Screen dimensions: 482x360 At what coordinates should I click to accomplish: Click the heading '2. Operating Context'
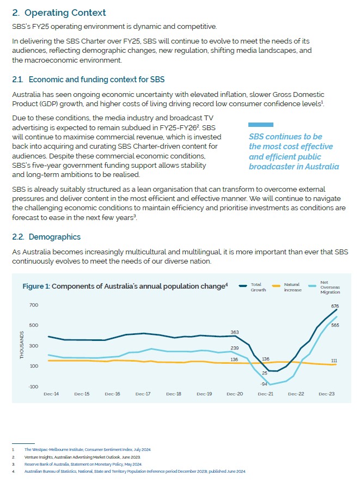[59, 13]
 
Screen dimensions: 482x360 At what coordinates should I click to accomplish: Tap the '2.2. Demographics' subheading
[46, 237]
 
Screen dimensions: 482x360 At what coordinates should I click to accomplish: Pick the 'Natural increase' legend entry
[292, 287]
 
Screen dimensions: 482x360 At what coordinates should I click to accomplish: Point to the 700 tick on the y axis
[34, 305]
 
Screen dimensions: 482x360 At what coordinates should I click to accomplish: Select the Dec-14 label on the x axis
[51, 394]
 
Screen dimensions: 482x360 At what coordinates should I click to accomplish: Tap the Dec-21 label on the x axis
[265, 394]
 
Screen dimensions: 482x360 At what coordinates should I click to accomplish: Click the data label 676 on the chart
[335, 306]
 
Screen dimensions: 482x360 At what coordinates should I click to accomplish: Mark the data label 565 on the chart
[335, 325]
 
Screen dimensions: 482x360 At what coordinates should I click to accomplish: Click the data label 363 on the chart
[235, 332]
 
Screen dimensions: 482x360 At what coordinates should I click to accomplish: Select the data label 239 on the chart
[235, 347]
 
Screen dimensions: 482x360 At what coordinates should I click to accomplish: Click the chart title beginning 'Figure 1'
[125, 286]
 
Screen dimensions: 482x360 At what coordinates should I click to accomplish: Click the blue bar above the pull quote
[260, 125]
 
